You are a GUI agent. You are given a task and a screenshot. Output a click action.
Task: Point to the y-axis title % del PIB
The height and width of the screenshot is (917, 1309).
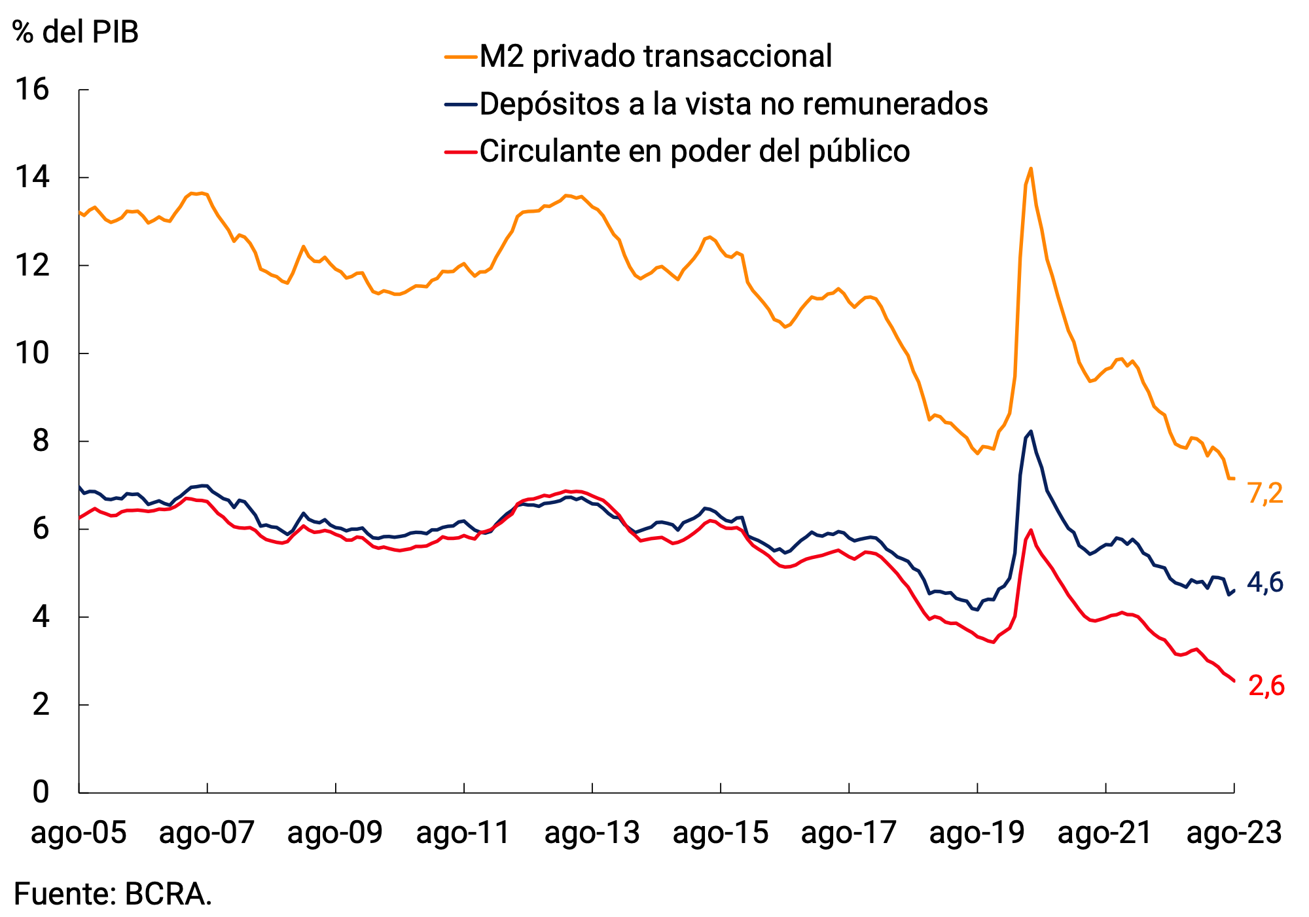(x=76, y=31)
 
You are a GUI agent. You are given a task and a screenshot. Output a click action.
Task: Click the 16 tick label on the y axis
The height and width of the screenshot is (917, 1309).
(x=32, y=90)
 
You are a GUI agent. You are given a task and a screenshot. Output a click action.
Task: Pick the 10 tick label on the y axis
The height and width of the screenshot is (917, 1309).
(x=32, y=353)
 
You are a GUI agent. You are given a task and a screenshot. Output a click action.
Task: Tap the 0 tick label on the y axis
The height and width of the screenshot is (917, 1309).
(x=41, y=792)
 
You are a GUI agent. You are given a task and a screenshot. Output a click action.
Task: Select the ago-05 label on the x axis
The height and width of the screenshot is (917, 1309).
(x=79, y=833)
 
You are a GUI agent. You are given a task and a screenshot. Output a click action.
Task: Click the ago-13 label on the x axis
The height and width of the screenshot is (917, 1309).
(x=592, y=833)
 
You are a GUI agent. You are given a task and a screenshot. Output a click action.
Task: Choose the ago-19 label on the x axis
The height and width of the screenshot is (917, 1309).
(x=977, y=833)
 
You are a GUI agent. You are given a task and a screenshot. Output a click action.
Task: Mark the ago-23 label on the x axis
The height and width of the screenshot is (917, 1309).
(x=1234, y=833)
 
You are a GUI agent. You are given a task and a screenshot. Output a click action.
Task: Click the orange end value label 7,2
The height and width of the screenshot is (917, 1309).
(x=1265, y=493)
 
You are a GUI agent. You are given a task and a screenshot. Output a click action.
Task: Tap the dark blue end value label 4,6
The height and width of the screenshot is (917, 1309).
(x=1265, y=583)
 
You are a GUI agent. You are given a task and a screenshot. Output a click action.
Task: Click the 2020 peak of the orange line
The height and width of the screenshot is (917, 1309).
(x=1031, y=169)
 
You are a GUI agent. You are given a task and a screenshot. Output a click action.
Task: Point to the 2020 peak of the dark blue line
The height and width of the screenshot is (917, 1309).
(x=1031, y=431)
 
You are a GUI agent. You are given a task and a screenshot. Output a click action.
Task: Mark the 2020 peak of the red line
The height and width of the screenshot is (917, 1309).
(x=1031, y=530)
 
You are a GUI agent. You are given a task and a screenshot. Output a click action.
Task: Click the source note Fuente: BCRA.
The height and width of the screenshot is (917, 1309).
(x=113, y=894)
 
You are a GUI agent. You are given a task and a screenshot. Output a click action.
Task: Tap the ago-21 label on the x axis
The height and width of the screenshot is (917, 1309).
(x=1105, y=833)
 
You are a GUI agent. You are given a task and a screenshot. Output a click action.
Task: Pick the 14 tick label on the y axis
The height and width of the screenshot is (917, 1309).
(x=32, y=177)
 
